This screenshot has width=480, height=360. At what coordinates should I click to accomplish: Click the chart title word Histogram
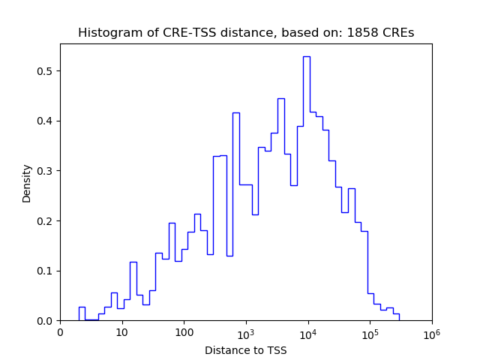tap(104, 33)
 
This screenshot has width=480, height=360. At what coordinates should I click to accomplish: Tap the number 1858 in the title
tap(361, 33)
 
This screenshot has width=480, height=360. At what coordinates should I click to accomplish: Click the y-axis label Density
tap(27, 182)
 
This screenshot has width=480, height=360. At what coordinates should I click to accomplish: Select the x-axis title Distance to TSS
tap(246, 350)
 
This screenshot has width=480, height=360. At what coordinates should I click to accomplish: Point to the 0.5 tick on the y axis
tap(46, 71)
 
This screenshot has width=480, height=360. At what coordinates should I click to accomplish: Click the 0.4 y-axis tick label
tap(46, 121)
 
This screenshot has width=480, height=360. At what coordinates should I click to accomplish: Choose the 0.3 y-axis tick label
tap(46, 171)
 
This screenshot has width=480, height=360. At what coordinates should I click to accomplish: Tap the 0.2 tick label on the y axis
tap(46, 220)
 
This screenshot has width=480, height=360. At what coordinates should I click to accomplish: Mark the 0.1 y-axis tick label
tap(46, 271)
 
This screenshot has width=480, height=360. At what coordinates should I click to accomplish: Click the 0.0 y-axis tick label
tap(46, 321)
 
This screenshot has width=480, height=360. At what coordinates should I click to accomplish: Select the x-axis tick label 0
tap(61, 333)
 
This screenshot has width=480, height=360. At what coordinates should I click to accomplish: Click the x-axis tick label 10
tap(122, 333)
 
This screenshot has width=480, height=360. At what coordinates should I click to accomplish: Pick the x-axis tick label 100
tap(184, 333)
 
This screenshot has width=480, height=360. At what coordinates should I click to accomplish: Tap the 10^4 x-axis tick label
tap(308, 332)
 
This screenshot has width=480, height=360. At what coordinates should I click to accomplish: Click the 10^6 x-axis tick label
tap(432, 332)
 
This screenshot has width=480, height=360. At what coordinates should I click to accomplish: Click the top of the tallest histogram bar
tap(307, 57)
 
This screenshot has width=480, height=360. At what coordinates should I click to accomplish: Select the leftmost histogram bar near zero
tap(82, 313)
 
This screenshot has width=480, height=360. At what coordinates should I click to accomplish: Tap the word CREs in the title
tap(397, 33)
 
